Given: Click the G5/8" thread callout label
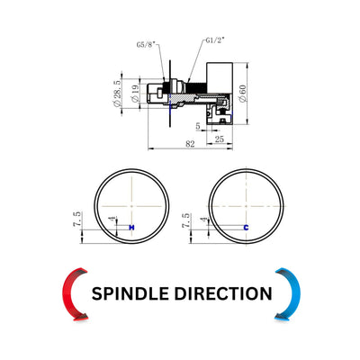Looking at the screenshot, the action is (146, 44).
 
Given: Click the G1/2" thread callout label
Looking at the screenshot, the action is (215, 40).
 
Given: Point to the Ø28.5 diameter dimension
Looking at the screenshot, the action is (117, 93).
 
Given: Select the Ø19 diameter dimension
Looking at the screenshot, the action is (135, 94).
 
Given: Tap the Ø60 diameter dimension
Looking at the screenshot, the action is (242, 94).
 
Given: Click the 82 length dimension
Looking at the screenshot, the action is (190, 144).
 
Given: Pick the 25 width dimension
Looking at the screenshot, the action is (220, 139).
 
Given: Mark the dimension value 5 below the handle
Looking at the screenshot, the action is (198, 126).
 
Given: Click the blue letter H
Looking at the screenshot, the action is (131, 228).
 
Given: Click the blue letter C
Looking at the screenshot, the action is (246, 228).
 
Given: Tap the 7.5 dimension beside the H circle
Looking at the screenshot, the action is (76, 220).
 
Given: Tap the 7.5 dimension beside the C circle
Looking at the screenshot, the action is (185, 220).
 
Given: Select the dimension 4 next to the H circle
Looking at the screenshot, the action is (113, 219).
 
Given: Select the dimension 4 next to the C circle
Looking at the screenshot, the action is (205, 220).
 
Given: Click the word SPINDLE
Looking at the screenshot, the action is (130, 293).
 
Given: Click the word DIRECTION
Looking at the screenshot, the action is (223, 293).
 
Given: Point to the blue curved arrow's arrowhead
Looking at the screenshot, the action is (282, 316).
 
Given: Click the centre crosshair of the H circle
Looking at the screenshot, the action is (131, 206).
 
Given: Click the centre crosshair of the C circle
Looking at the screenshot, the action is (246, 206).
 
